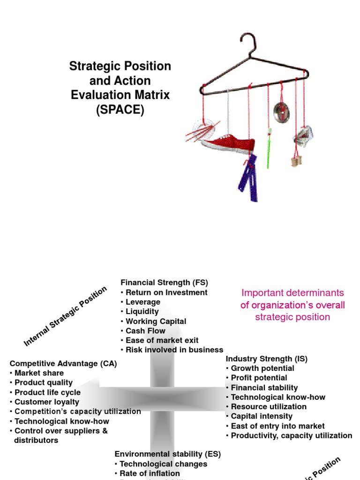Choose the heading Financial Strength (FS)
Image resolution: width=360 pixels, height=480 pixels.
click(164, 283)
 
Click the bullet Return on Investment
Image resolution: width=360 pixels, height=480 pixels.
click(166, 292)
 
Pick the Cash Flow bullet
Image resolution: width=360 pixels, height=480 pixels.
click(145, 331)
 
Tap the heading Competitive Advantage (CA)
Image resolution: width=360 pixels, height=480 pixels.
click(63, 364)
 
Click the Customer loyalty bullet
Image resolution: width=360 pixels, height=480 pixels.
click(47, 402)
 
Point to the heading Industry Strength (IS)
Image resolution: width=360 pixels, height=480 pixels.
click(266, 359)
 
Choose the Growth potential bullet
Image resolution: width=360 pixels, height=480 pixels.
click(262, 368)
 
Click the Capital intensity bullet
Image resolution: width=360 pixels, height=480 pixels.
click(262, 416)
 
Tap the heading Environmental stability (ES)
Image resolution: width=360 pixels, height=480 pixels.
click(167, 454)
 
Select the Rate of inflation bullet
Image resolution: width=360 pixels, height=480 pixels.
click(150, 473)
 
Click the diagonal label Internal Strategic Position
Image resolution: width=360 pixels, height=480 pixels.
click(65, 316)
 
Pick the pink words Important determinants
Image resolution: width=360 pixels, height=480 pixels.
click(292, 293)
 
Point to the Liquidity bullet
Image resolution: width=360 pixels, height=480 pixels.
click(142, 312)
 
